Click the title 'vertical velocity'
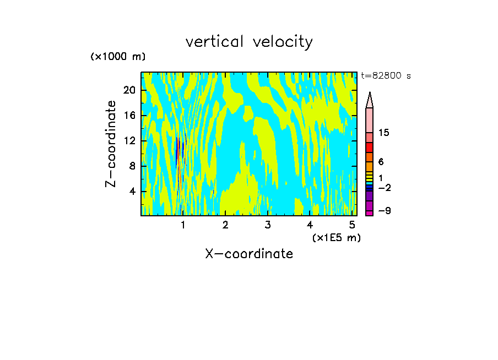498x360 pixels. tap(249, 42)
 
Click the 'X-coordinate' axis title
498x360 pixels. tap(249, 254)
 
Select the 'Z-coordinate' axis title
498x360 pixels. tap(111, 144)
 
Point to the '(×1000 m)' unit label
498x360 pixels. tap(117, 57)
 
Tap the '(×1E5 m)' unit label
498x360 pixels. tap(336, 237)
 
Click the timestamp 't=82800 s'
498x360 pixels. tap(386, 76)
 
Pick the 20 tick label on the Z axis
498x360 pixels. tap(129, 90)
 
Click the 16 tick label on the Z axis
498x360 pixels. tap(129, 116)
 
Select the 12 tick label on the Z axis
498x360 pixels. tap(129, 141)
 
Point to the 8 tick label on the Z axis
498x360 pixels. tap(132, 166)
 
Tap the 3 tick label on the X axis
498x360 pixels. tap(267, 225)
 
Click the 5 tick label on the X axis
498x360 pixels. tap(352, 225)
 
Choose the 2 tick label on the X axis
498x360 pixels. tap(225, 225)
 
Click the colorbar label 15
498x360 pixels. tap(384, 133)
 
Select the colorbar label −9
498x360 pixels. tap(384, 211)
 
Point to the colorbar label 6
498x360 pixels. tap(381, 162)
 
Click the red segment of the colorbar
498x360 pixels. tap(369, 148)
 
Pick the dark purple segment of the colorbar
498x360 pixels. tap(369, 195)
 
